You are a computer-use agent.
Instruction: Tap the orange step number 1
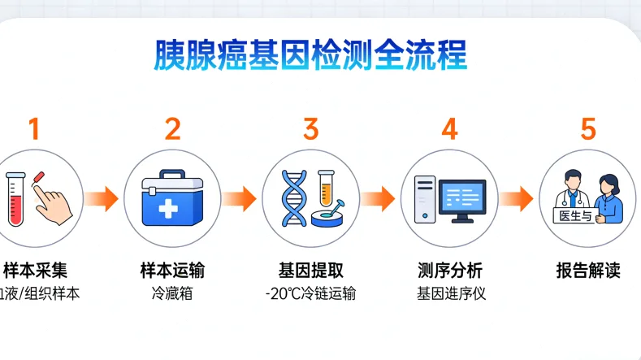[x=33, y=128]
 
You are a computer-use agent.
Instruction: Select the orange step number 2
[x=172, y=128]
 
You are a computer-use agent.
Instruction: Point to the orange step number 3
[x=311, y=128]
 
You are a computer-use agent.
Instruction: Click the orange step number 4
[x=449, y=128]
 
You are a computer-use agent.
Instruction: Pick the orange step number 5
[x=588, y=128]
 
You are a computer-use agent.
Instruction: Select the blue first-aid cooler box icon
[x=171, y=200]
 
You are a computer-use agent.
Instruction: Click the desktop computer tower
[x=425, y=200]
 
